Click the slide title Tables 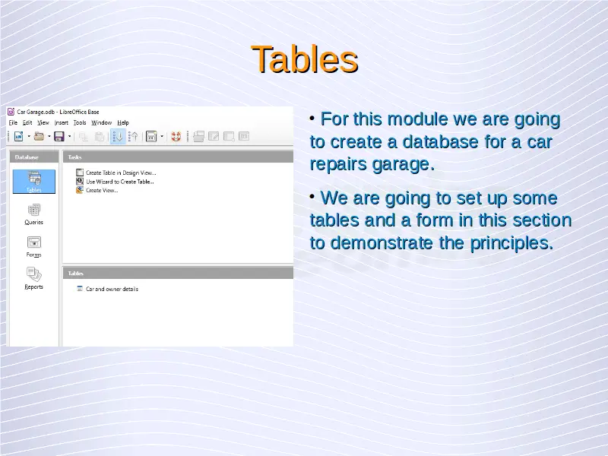coord(305,59)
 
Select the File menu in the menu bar coord(13,122)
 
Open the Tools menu coord(80,122)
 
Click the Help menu coord(123,122)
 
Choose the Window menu coord(102,122)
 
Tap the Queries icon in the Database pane coord(33,210)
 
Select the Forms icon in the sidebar coord(33,242)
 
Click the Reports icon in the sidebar coord(33,274)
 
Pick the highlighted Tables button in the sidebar coord(34,182)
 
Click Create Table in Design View coord(121,173)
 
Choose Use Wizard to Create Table coord(120,182)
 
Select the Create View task coord(102,191)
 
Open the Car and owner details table coord(112,289)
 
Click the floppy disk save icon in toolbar coord(59,137)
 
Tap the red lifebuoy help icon coord(176,137)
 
